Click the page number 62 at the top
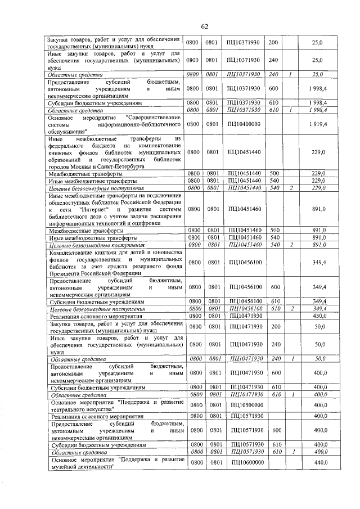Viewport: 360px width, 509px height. click(205, 26)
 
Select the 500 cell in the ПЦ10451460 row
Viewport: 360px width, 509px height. click(275, 231)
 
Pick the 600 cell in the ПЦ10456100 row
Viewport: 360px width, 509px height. click(275, 287)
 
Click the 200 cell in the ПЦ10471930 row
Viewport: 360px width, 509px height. click(275, 327)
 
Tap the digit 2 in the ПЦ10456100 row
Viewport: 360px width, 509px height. click(291, 309)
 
